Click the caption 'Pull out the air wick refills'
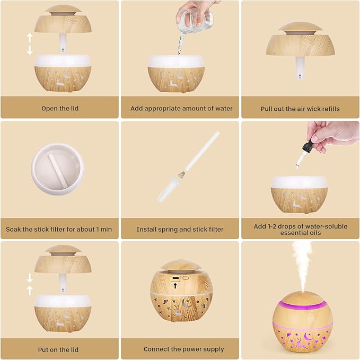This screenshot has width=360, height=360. (300, 109)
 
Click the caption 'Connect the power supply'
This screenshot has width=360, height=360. (183, 349)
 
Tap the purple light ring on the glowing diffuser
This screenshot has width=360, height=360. (300, 305)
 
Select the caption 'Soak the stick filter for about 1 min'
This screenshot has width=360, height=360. (59, 230)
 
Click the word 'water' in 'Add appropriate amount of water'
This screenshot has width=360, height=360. (222, 109)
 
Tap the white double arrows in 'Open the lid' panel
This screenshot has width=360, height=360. (30, 43)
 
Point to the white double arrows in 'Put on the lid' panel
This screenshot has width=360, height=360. (30, 284)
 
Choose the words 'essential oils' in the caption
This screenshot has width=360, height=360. (300, 233)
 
